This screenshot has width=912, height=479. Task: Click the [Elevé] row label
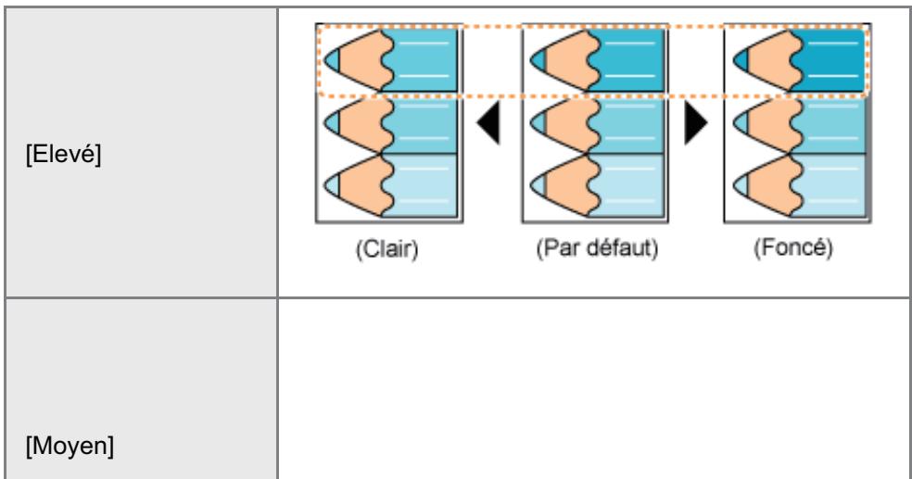(63, 155)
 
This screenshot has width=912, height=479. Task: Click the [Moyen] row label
(70, 447)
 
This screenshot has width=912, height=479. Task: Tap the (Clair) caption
(386, 249)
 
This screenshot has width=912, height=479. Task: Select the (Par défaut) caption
(597, 249)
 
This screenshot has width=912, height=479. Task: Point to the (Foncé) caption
(793, 248)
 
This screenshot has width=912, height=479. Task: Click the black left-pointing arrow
(488, 122)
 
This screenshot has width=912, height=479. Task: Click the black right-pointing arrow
(696, 122)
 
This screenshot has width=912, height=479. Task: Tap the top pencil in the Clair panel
(390, 60)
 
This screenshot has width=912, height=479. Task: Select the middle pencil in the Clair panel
(390, 122)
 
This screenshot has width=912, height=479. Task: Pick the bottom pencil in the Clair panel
(390, 185)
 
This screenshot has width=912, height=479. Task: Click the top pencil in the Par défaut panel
(597, 60)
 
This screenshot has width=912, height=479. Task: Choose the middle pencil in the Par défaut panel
(597, 122)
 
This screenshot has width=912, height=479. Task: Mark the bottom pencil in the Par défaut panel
(597, 185)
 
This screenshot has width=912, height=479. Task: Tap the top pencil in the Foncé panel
(799, 60)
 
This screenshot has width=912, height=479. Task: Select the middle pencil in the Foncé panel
(799, 122)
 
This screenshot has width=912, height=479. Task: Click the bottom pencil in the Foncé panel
(799, 185)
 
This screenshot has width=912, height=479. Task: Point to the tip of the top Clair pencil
(324, 60)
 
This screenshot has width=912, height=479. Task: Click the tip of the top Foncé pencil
(733, 60)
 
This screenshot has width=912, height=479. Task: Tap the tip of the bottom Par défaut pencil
(530, 186)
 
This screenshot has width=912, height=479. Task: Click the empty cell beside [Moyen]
(594, 389)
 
